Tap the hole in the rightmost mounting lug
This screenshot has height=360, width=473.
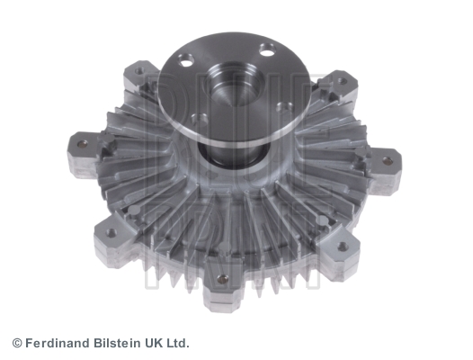387,161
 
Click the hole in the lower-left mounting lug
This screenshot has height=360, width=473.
111,232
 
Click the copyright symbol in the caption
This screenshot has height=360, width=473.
17,343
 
